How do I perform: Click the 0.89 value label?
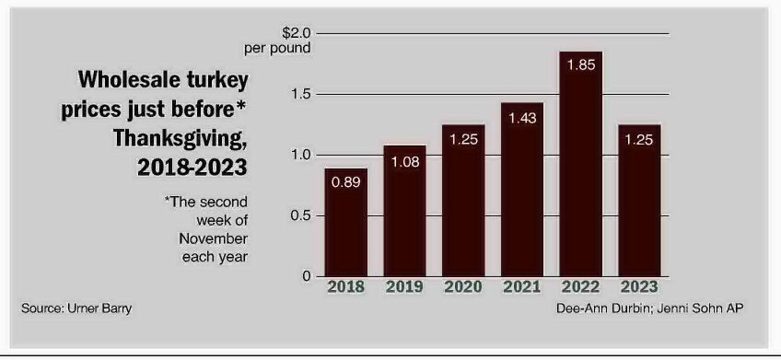click(x=346, y=182)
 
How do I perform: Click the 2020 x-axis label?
click(x=463, y=287)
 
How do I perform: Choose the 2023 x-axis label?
click(x=638, y=287)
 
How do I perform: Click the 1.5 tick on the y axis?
click(x=301, y=94)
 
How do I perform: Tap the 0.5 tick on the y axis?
click(x=301, y=215)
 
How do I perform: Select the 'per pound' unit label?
click(x=277, y=48)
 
